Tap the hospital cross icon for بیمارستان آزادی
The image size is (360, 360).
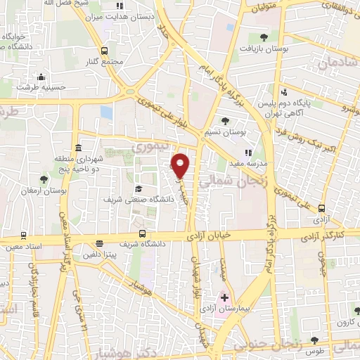tap(224, 298)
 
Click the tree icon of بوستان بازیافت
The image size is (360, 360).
tap(264, 37)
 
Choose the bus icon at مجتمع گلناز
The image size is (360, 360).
tap(105, 50)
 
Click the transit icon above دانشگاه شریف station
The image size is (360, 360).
tap(143, 233)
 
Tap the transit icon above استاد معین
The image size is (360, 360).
tap(23, 235)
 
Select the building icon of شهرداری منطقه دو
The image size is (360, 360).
tap(77, 148)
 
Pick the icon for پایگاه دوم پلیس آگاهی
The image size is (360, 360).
tap(283, 92)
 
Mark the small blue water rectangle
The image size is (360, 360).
tap(107, 112)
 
